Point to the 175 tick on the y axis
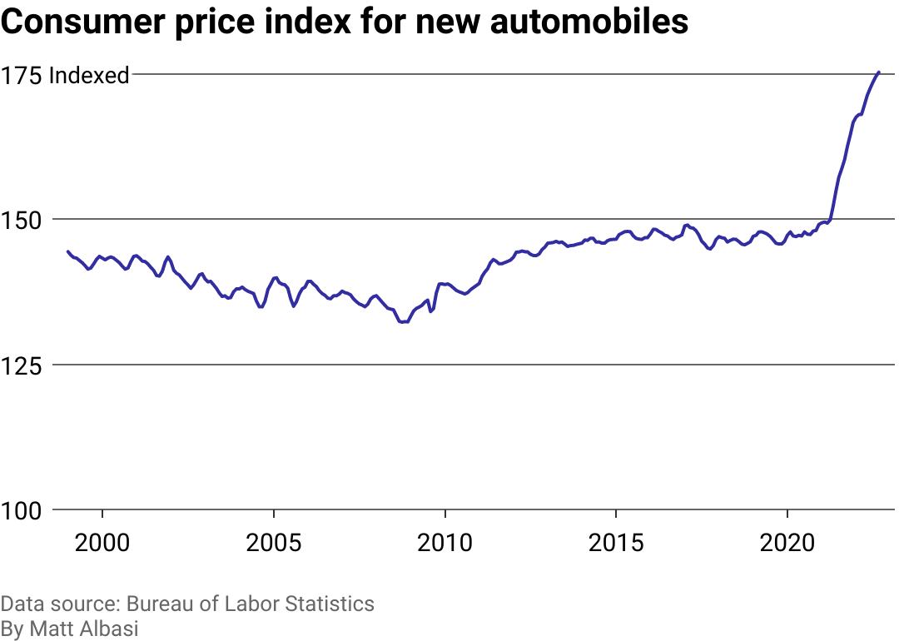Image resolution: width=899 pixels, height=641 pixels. click(x=22, y=76)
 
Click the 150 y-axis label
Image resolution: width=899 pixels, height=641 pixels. click(x=22, y=221)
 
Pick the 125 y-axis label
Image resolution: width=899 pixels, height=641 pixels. click(x=22, y=365)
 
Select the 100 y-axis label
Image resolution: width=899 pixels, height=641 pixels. click(x=22, y=510)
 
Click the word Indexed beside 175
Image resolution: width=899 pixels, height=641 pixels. click(x=89, y=76)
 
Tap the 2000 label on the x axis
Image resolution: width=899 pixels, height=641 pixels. click(x=102, y=544)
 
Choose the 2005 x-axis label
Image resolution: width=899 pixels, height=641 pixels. click(x=274, y=544)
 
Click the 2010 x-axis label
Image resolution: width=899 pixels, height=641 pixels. click(x=445, y=544)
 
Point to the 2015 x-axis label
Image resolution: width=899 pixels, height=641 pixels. click(x=616, y=544)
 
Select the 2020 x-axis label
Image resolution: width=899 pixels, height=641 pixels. click(x=787, y=544)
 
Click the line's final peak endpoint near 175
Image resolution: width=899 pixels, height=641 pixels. click(x=879, y=72)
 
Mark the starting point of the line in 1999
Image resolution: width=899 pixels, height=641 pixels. click(x=67, y=251)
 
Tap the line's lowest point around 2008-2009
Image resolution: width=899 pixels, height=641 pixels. click(x=403, y=322)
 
